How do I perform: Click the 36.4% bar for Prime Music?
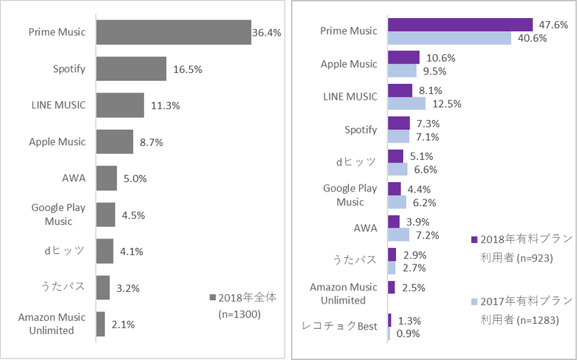coord(173,33)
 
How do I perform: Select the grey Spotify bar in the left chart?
coord(131,69)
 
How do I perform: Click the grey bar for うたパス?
coord(103,287)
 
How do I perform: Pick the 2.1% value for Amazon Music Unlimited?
coord(124,324)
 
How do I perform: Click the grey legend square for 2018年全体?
coord(212,298)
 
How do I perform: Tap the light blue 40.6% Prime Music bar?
coord(449,38)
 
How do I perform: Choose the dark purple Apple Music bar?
coord(404,57)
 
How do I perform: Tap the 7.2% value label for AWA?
coord(426,235)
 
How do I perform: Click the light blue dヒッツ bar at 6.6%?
coord(397,169)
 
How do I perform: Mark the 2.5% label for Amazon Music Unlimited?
coord(413,288)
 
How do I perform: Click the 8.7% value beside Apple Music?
coord(151,142)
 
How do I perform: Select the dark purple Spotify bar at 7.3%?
coord(399,123)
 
